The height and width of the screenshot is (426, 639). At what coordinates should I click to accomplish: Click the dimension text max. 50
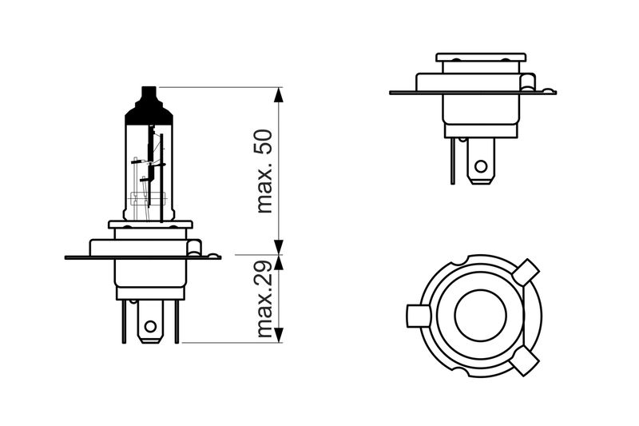pos(265,171)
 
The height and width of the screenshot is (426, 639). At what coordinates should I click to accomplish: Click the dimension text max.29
pos(265,299)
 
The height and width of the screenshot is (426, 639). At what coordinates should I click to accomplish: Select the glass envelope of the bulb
pos(149,171)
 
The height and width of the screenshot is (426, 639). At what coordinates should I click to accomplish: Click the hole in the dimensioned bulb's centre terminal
pos(151,326)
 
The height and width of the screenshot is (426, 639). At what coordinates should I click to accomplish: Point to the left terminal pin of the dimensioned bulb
pos(124,321)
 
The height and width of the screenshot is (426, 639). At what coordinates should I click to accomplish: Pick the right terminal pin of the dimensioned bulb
pos(177,321)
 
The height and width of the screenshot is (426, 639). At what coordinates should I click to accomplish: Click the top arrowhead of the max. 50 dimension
pos(278,94)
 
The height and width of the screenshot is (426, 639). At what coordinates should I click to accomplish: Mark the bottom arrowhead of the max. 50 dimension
pos(278,248)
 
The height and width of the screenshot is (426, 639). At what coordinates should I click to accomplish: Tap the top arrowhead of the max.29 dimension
pos(278,263)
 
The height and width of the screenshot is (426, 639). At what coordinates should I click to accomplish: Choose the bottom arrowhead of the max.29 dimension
pos(278,335)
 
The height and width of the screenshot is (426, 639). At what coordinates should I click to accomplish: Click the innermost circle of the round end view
pos(481,316)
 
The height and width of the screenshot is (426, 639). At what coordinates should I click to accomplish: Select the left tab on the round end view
pos(418,316)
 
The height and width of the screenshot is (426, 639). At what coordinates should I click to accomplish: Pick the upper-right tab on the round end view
pos(526,271)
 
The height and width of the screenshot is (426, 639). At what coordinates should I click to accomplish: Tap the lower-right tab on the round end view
pos(526,360)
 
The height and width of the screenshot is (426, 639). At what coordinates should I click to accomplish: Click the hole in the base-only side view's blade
pos(481,166)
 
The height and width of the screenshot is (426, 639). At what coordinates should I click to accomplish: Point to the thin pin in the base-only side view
pos(453,161)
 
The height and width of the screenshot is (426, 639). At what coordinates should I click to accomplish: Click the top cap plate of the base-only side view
pos(481,57)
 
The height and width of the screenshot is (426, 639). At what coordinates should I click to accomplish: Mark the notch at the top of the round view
pos(462,260)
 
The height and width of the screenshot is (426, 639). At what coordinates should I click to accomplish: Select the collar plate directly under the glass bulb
pos(150,225)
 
